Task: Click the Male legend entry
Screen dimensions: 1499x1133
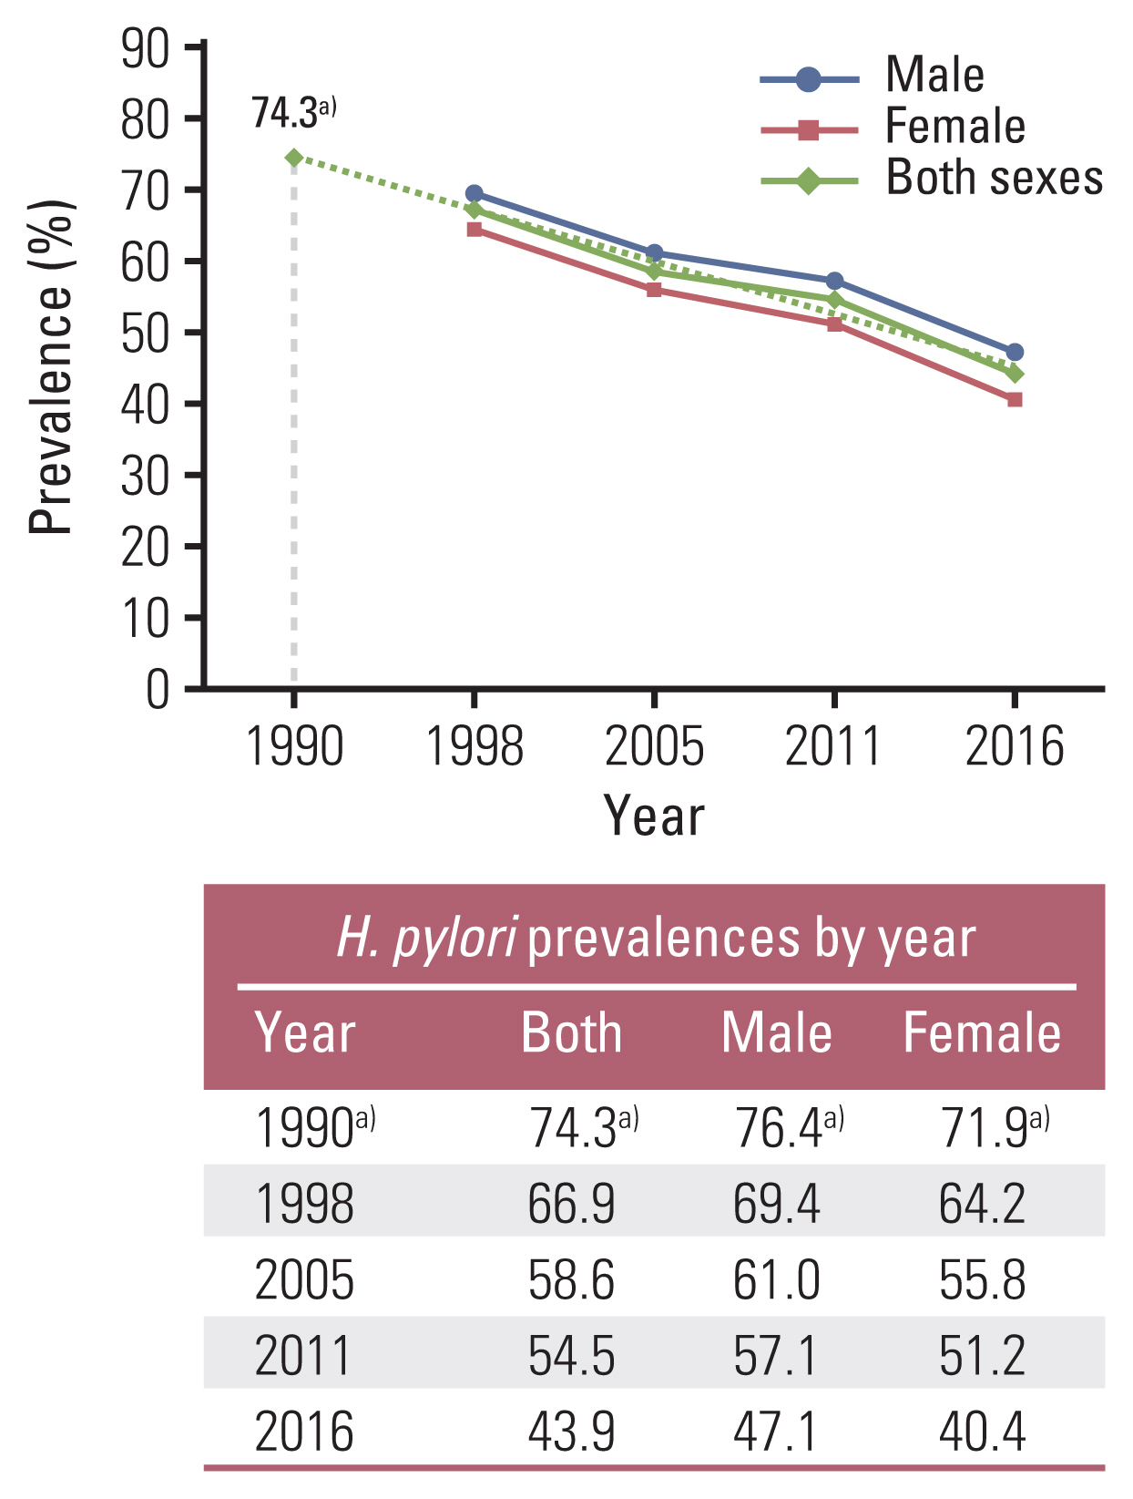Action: click(x=934, y=76)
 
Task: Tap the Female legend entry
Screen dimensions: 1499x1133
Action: click(x=954, y=127)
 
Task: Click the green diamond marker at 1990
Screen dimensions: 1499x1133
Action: click(x=293, y=158)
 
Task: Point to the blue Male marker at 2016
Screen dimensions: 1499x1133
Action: click(x=1015, y=353)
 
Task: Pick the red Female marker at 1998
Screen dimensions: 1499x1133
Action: click(x=475, y=230)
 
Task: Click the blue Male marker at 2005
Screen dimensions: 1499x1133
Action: click(x=654, y=253)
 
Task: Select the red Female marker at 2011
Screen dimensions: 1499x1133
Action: click(x=834, y=323)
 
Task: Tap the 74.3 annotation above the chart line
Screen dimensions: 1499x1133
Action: click(x=292, y=114)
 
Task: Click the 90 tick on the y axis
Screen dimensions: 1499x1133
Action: click(x=146, y=49)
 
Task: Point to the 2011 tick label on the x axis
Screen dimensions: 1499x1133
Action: click(x=832, y=747)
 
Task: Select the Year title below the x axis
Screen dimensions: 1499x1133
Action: click(x=654, y=816)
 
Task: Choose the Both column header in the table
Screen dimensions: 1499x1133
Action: click(x=571, y=1033)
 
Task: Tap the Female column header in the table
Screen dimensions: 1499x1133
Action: click(x=982, y=1033)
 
